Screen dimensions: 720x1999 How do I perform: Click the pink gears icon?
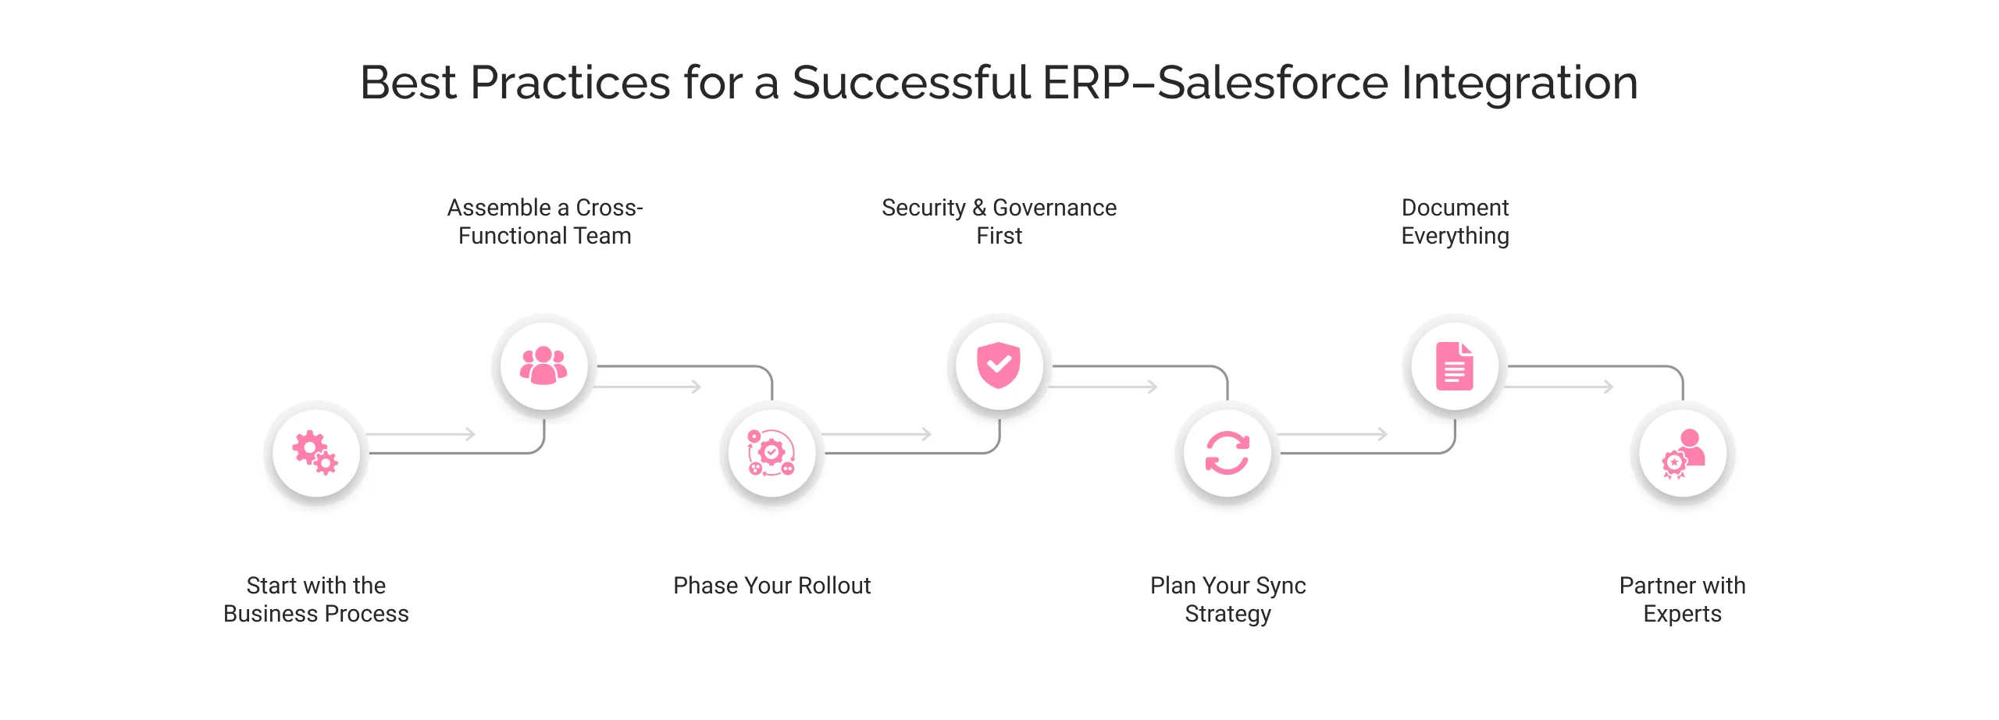click(315, 452)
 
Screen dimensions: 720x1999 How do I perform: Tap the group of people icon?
click(543, 365)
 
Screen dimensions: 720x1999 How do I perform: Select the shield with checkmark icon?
click(999, 365)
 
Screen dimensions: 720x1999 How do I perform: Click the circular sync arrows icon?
click(1227, 453)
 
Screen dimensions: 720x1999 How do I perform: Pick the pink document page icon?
click(1455, 365)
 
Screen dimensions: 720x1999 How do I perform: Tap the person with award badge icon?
click(1683, 453)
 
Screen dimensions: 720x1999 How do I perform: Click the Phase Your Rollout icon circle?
click(771, 453)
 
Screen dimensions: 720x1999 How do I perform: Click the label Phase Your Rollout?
click(771, 586)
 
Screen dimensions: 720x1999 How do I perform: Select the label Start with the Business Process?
click(315, 600)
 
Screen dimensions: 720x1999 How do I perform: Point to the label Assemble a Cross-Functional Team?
click(544, 222)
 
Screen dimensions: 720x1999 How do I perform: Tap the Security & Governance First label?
click(999, 222)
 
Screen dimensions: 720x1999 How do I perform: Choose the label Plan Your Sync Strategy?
click(1228, 600)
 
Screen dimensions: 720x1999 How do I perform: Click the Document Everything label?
click(1455, 222)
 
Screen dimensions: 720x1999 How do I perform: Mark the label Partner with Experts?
click(1682, 600)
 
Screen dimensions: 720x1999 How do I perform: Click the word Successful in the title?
click(910, 83)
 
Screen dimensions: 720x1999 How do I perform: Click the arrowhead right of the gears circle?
click(470, 433)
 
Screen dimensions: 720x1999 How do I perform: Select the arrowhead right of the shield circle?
click(1153, 387)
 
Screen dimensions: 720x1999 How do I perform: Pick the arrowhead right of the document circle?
click(1609, 387)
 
